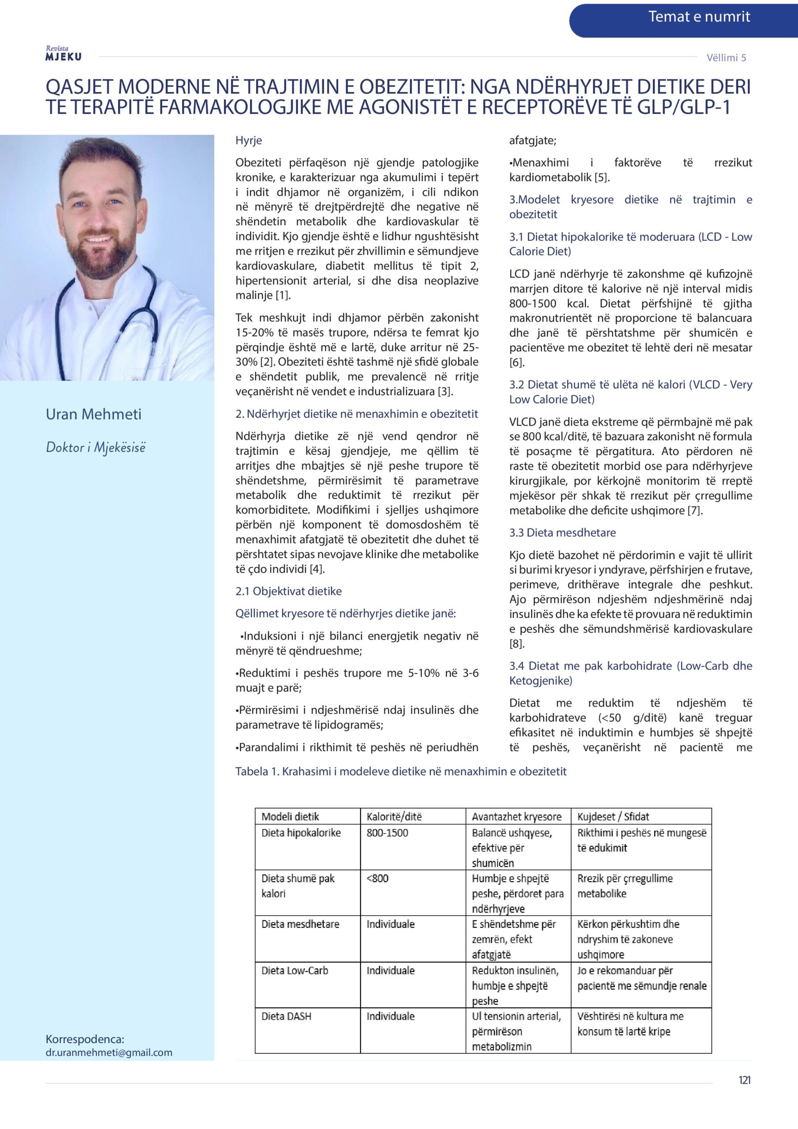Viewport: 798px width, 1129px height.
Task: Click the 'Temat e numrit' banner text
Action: point(699,17)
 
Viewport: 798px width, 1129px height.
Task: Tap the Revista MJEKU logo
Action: point(63,54)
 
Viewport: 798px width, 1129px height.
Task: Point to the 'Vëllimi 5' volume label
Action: point(726,57)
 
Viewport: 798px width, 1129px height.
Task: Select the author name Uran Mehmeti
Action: point(93,414)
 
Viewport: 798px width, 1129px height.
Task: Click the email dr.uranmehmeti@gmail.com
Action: point(108,1052)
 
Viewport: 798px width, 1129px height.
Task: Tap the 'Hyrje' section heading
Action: point(249,141)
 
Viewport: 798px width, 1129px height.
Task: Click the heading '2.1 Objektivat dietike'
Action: point(288,591)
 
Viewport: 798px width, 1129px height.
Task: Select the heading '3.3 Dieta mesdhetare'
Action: point(563,533)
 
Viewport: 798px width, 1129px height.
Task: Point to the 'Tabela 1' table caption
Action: point(401,771)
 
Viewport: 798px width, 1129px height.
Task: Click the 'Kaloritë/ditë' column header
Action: point(394,817)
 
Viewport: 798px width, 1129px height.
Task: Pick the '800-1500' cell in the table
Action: point(388,833)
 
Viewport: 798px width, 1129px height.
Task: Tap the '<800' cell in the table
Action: point(377,878)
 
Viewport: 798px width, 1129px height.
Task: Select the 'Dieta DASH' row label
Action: point(286,1017)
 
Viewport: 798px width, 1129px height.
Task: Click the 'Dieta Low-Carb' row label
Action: point(295,971)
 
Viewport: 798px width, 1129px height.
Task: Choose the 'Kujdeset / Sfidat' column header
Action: point(613,817)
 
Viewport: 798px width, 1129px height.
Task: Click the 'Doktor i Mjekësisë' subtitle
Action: point(95,448)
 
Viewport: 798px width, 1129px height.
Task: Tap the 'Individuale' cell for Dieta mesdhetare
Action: point(390,924)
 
